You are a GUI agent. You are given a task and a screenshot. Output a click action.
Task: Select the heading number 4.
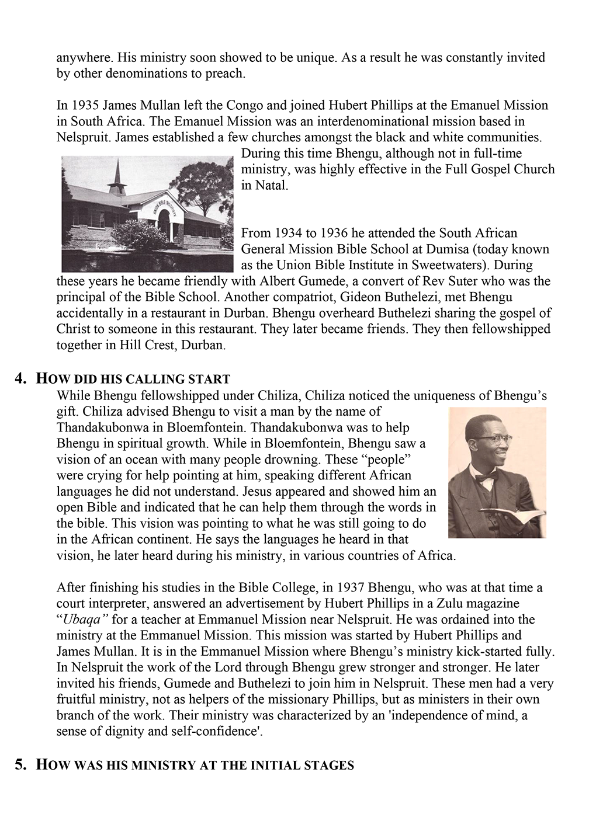pyautogui.click(x=21, y=378)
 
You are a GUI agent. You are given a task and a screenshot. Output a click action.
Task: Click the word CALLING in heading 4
pyautogui.click(x=156, y=379)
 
